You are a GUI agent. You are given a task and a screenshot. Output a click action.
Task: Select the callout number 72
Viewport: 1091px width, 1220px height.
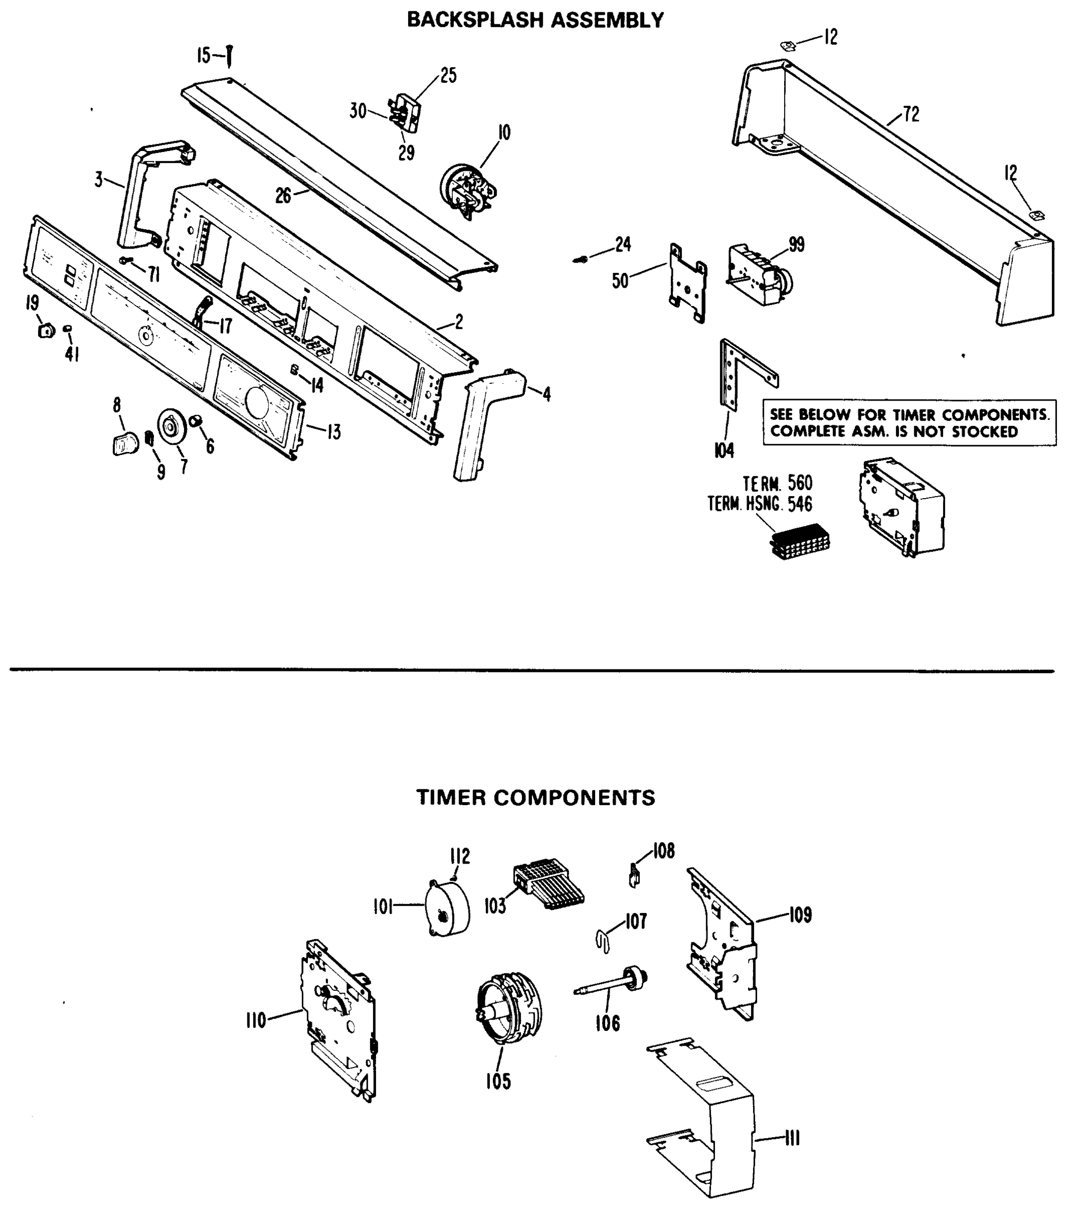911,114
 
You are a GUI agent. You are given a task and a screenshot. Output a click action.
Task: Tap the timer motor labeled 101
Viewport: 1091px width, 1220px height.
448,910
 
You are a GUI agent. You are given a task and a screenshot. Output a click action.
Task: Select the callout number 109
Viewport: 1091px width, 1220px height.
800,916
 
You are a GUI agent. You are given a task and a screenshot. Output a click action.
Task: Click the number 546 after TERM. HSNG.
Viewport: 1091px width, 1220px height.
800,504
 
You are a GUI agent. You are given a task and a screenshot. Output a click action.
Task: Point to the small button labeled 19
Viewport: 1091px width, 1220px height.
46,330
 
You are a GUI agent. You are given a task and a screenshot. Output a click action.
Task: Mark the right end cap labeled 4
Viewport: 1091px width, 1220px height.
486,420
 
